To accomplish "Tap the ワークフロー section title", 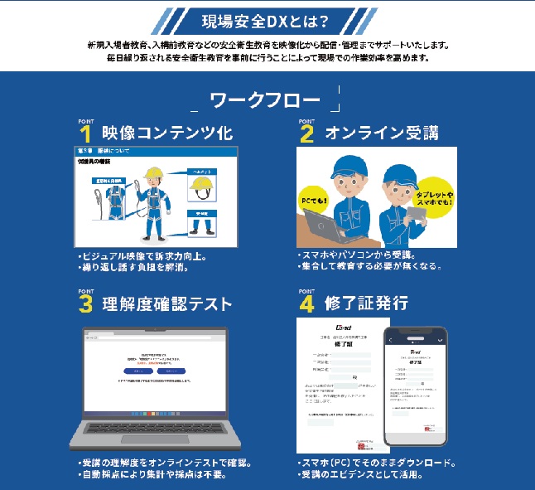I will coord(266,101).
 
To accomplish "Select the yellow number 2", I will coord(307,134).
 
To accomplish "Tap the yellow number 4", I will coord(307,304).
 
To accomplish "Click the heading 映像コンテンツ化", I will coord(166,133).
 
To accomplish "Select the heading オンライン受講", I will coord(382,133).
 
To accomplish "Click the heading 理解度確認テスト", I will coord(166,303).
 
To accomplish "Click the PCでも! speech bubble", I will coord(317,201).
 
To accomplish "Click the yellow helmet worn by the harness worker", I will coord(152,173).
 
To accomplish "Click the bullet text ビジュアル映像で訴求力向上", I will coord(142,256).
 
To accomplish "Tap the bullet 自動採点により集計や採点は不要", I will coord(150,475).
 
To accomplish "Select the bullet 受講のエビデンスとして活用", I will coord(365,475).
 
